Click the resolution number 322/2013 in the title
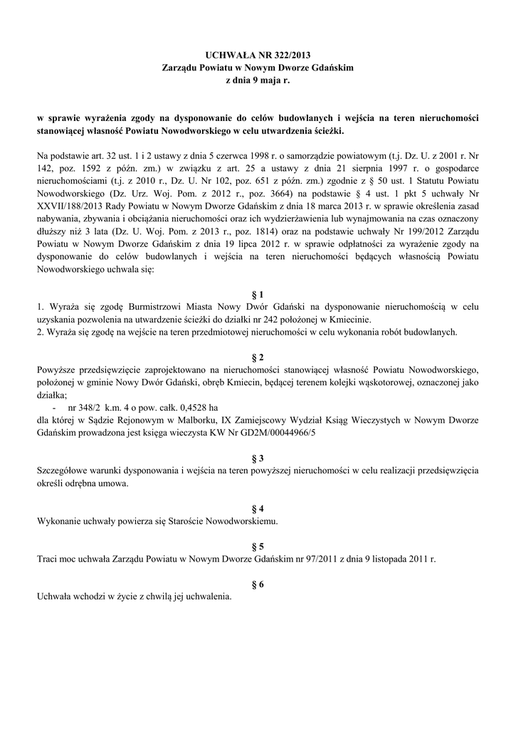tap(288, 55)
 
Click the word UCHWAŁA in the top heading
tap(226, 55)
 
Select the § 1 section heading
tap(258, 294)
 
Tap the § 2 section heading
tap(258, 356)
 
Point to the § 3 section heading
tap(258, 457)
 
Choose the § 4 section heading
tap(258, 508)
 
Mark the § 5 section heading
tap(258, 546)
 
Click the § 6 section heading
tap(258, 584)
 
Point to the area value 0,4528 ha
tap(208, 407)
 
